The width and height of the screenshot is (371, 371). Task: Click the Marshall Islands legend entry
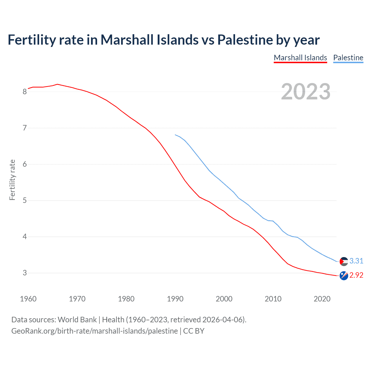coord(300,58)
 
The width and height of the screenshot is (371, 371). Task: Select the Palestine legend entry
coord(348,58)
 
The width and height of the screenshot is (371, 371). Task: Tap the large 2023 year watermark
coord(305,92)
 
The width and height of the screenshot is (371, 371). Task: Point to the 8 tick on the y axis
coord(25,92)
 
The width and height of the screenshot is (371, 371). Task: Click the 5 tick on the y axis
coord(25,201)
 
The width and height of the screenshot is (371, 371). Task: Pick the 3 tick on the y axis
coord(25,273)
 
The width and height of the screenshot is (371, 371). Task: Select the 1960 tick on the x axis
coord(28,299)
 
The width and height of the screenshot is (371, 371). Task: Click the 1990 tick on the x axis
coord(175,299)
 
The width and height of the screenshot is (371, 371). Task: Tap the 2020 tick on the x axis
coord(322,299)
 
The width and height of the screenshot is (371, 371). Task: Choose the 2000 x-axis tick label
coord(224,299)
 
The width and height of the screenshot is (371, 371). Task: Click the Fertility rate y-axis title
coord(12,180)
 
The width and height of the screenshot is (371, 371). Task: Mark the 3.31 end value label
coord(356,261)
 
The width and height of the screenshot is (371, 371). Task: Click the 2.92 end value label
coord(356,275)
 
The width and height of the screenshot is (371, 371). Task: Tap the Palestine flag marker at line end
coord(344,261)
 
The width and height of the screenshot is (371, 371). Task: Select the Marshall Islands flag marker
coord(344,276)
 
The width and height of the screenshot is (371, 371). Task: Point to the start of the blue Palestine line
coord(175,135)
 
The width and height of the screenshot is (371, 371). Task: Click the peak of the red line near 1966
coord(57,84)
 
